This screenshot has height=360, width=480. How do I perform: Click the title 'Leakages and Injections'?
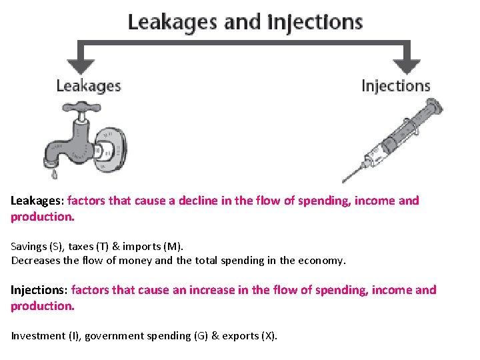(245, 22)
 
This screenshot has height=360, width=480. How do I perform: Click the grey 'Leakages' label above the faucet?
(89, 86)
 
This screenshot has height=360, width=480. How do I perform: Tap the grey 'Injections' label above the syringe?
(395, 86)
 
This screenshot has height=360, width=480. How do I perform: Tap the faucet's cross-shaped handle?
(78, 109)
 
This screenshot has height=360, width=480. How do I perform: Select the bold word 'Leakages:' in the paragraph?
(37, 201)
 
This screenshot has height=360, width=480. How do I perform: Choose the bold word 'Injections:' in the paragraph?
(39, 290)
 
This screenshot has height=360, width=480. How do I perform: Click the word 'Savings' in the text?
(27, 247)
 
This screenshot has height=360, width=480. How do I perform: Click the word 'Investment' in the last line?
(37, 336)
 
